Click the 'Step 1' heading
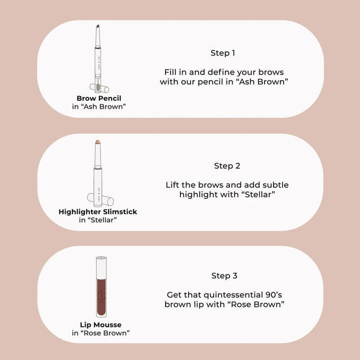click(x=222, y=53)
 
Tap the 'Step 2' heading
click(x=227, y=166)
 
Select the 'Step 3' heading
click(x=224, y=275)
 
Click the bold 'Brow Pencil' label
click(x=98, y=98)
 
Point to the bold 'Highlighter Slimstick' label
click(x=98, y=211)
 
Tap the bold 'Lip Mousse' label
click(x=100, y=325)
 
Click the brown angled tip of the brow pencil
click(x=98, y=27)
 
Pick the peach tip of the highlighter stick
click(x=97, y=142)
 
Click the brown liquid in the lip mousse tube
click(x=101, y=297)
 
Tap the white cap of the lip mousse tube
click(x=101, y=267)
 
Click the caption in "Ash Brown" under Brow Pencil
click(x=99, y=106)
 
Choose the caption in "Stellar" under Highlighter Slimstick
click(x=98, y=220)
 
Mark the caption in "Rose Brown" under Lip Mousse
click(x=101, y=333)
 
